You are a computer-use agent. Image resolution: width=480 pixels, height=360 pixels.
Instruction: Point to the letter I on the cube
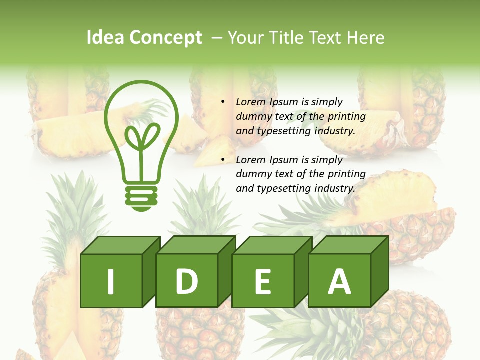click(x=111, y=281)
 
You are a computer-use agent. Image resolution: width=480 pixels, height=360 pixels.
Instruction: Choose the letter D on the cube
click(x=186, y=281)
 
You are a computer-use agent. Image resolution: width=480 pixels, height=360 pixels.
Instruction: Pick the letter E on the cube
click(x=262, y=282)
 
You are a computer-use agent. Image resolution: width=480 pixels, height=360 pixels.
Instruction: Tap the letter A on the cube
click(x=339, y=281)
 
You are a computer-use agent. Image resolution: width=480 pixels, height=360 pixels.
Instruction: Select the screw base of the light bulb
click(x=141, y=197)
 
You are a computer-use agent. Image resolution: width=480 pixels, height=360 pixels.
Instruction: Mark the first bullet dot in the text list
click(x=222, y=102)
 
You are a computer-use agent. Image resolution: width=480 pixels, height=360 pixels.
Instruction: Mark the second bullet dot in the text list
click(x=222, y=160)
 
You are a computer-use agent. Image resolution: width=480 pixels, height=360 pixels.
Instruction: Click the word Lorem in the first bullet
click(x=251, y=102)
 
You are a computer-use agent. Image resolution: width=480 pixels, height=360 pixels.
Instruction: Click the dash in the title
click(x=217, y=38)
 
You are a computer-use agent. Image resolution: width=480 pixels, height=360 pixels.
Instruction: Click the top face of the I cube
click(x=120, y=245)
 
